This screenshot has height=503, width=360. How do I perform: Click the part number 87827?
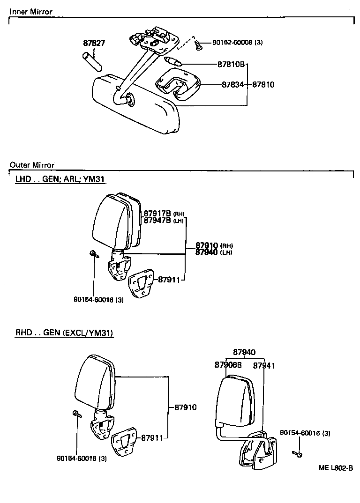[x=94, y=43]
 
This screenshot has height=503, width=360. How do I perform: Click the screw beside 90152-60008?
[x=200, y=45]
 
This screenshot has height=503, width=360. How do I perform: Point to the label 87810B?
[x=231, y=64]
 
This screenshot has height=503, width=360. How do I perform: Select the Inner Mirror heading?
[x=31, y=12]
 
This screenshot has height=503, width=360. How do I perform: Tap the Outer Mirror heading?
[x=32, y=165]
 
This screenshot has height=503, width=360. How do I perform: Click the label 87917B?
[x=157, y=213]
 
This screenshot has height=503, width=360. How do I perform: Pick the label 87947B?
[x=157, y=220]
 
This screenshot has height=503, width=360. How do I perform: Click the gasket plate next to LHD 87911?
[x=142, y=282]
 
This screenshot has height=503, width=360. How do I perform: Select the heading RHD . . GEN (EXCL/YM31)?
[x=64, y=333]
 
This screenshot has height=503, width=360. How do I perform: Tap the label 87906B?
[x=228, y=365]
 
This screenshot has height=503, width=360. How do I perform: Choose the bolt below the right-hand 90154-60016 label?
[x=297, y=453]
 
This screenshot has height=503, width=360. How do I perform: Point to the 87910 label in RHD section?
[x=185, y=407]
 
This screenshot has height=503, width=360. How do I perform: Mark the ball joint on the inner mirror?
[x=129, y=99]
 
